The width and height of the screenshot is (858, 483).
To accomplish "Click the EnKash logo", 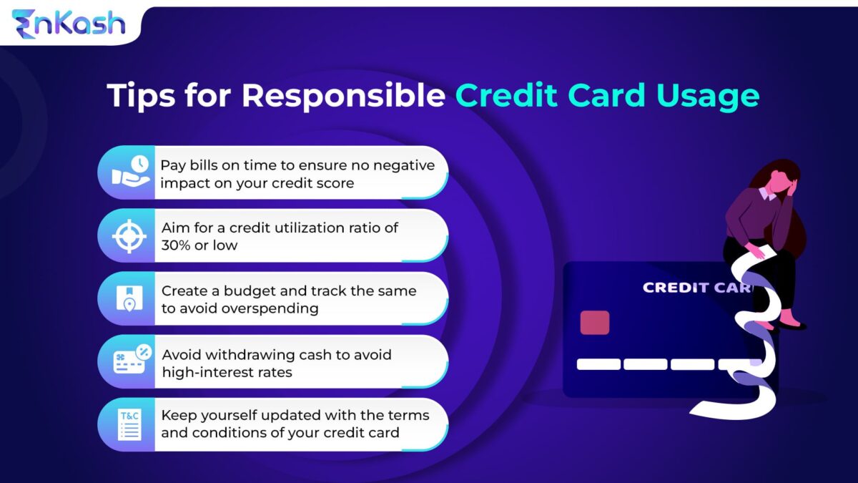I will point(68,24).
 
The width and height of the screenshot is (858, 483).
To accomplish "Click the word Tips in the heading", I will point(139,95).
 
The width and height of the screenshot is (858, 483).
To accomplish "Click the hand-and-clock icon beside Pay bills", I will point(129,172).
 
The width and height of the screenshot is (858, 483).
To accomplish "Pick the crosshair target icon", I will point(129,235).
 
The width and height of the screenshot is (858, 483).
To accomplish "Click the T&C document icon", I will point(130,424).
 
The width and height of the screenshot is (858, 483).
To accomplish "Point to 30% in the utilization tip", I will point(179,245).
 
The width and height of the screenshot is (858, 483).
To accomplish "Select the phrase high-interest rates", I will point(227,371).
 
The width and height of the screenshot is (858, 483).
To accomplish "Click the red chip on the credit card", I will point(594,322).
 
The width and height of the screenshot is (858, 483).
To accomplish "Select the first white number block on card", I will point(598,364).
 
